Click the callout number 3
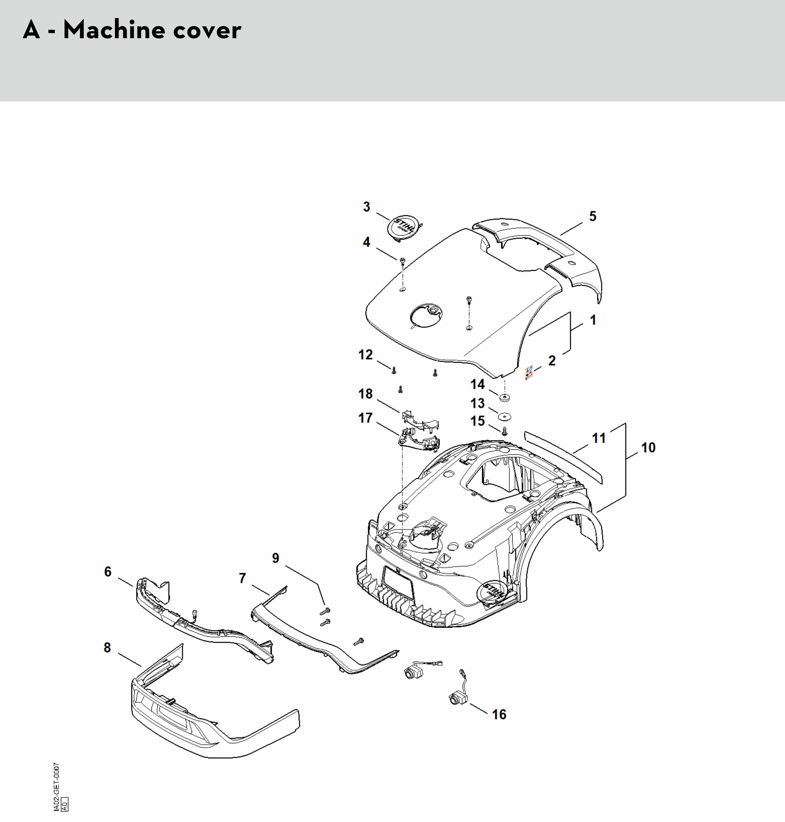[x=367, y=207]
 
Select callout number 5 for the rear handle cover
[x=592, y=216]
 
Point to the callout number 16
[x=499, y=714]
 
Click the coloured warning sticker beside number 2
[x=529, y=372]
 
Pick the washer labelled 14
[x=505, y=396]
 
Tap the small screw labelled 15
[x=504, y=430]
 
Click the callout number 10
[x=648, y=447]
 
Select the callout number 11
[x=599, y=438]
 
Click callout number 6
[x=108, y=572]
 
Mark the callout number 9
[x=276, y=558]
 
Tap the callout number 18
[x=365, y=394]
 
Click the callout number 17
[x=365, y=418]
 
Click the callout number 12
[x=365, y=355]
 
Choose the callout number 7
[x=242, y=578]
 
